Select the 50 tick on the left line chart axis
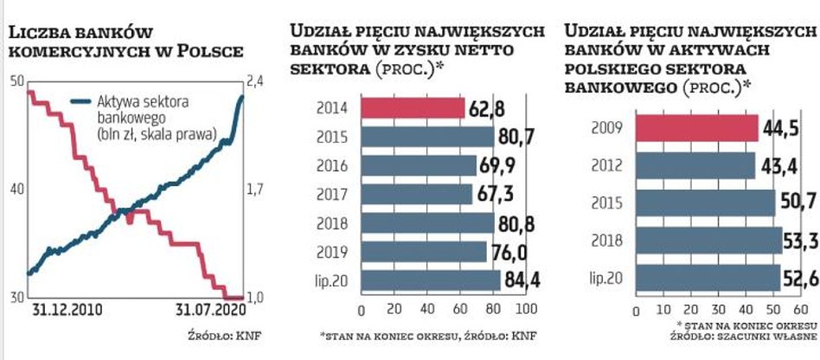click(16, 82)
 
